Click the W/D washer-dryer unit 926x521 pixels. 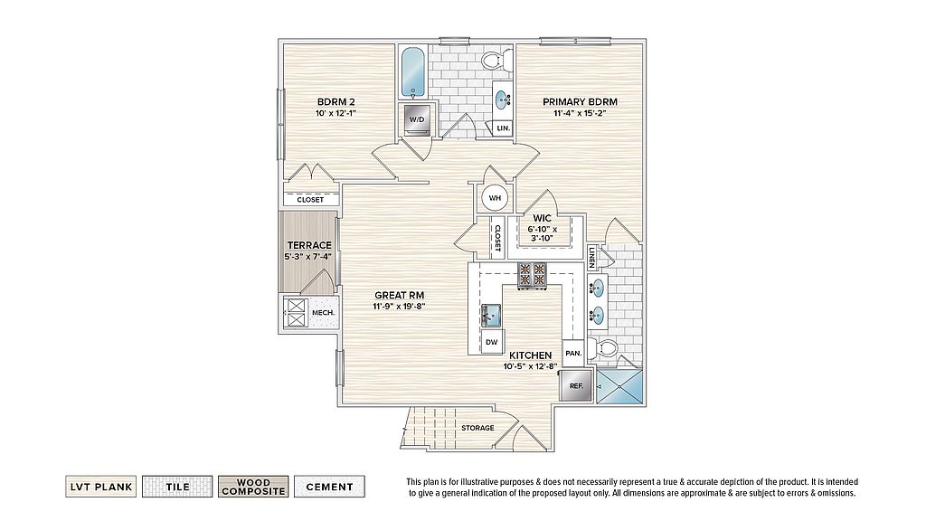(417, 119)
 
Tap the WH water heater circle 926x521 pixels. (495, 198)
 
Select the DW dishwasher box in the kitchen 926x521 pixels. (491, 342)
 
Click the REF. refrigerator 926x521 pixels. (576, 385)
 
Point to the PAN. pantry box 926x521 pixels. (572, 354)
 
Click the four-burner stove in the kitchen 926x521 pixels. (533, 275)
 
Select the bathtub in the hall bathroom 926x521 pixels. (413, 72)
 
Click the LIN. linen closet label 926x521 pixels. (503, 128)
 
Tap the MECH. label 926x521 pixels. (323, 312)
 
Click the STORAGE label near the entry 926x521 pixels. (477, 428)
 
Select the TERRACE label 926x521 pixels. (309, 245)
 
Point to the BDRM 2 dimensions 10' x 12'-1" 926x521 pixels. (335, 112)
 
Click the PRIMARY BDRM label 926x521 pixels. (580, 101)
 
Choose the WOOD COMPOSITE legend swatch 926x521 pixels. (253, 487)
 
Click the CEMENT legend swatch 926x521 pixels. (329, 487)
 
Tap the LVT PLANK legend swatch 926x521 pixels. (101, 487)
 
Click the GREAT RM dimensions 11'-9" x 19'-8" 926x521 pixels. (399, 306)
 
